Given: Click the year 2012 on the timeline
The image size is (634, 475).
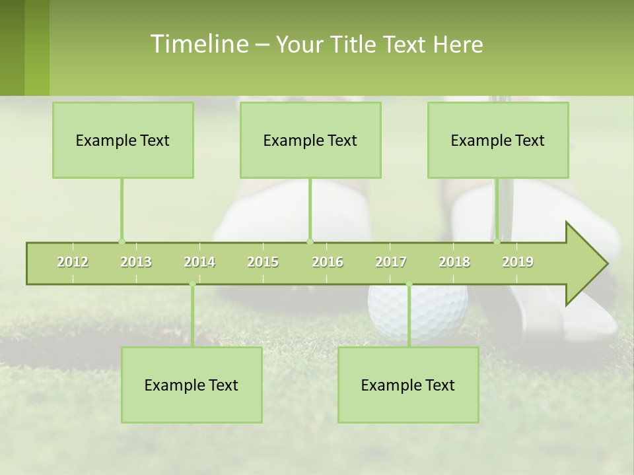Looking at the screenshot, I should (x=73, y=263).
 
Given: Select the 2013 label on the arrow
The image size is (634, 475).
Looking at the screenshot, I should (x=136, y=263).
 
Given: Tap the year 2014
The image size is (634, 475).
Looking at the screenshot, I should (x=199, y=263).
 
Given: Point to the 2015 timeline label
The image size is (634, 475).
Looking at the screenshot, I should (x=263, y=263).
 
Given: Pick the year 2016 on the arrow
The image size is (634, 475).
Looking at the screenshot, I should (x=328, y=263).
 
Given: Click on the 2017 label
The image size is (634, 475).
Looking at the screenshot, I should (x=391, y=263).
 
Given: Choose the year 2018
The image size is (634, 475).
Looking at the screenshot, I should (x=454, y=263).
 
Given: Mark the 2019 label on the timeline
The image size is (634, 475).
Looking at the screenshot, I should (x=518, y=263).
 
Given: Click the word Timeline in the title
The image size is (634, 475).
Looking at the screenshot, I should (x=199, y=44).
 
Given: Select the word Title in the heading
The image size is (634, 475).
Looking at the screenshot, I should (x=355, y=45).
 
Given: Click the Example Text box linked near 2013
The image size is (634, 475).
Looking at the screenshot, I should (x=123, y=140).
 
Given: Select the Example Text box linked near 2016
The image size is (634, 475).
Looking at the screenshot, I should (x=310, y=140).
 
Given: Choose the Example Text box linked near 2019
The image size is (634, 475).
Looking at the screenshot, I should (x=498, y=140).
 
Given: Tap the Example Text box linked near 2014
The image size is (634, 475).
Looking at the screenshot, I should (x=192, y=385).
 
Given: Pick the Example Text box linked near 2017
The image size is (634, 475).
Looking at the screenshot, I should (x=408, y=385).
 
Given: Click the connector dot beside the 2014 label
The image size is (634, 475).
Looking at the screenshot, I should (x=192, y=284).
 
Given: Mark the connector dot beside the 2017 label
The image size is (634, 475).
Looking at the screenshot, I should (x=409, y=284).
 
